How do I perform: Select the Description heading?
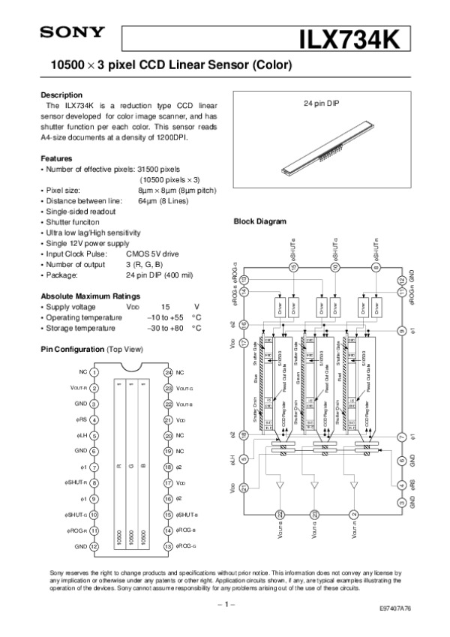61,95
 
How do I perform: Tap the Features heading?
56,159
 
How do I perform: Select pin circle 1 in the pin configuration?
95,371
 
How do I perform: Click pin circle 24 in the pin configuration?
168,371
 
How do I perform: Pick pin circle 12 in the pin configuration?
95,547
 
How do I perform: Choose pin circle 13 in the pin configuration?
168,547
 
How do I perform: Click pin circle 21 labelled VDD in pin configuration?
168,419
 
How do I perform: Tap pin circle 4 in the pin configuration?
95,419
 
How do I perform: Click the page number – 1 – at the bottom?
225,602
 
